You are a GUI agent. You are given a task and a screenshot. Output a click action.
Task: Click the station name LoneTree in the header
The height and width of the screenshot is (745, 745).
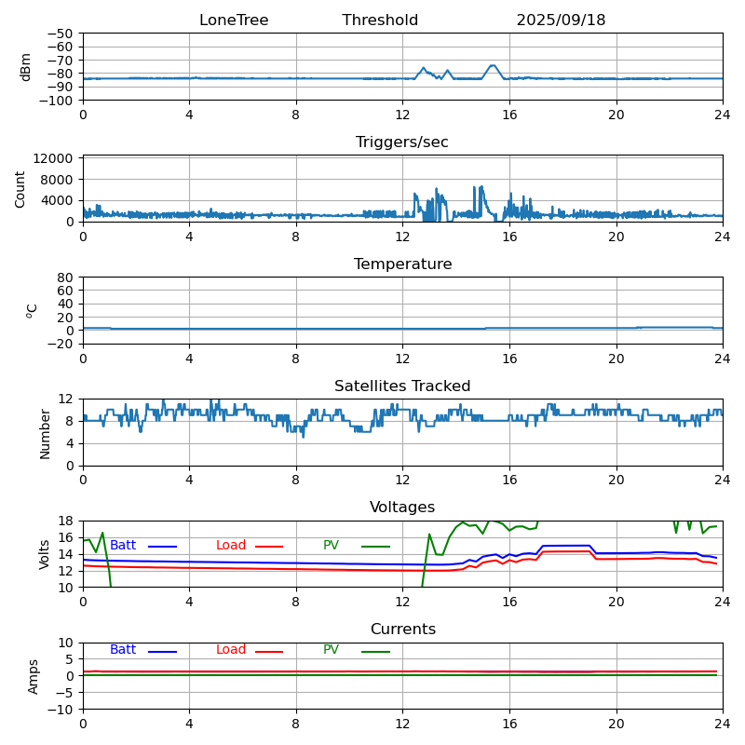pyautogui.click(x=234, y=20)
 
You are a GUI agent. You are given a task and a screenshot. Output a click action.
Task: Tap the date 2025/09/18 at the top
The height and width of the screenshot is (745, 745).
pyautogui.click(x=561, y=20)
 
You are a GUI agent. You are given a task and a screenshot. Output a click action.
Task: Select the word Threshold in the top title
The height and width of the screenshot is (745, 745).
pyautogui.click(x=380, y=20)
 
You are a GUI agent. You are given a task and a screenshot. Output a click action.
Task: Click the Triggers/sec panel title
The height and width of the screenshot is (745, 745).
pyautogui.click(x=402, y=142)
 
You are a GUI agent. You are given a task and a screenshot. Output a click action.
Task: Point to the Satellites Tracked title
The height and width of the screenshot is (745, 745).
pyautogui.click(x=402, y=386)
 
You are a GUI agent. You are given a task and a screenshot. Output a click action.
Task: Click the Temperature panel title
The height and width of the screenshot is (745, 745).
pyautogui.click(x=402, y=264)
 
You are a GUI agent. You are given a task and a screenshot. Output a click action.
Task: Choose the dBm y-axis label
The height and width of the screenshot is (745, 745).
pyautogui.click(x=26, y=67)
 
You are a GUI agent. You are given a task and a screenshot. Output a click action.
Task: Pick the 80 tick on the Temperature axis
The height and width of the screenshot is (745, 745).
pyautogui.click(x=66, y=278)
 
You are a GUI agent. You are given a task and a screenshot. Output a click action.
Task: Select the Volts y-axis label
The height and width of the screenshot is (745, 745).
pyautogui.click(x=45, y=554)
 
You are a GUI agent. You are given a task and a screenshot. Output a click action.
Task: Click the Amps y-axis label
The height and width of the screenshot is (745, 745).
pyautogui.click(x=34, y=676)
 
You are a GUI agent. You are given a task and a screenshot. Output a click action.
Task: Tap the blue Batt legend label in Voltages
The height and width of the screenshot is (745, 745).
pyautogui.click(x=123, y=546)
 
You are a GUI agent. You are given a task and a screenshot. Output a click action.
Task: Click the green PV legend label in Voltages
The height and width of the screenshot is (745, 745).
pyautogui.click(x=332, y=546)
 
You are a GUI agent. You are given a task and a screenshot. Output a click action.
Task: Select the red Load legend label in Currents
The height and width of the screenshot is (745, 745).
pyautogui.click(x=231, y=650)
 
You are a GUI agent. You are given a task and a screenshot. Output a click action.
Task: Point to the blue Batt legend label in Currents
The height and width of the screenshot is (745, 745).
pyautogui.click(x=123, y=650)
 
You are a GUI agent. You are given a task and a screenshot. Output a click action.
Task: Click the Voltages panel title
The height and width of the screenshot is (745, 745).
pyautogui.click(x=402, y=508)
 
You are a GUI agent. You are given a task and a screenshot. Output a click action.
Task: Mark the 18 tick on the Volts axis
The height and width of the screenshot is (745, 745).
pyautogui.click(x=66, y=521)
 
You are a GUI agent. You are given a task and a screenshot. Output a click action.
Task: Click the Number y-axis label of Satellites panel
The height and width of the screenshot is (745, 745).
pyautogui.click(x=45, y=433)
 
